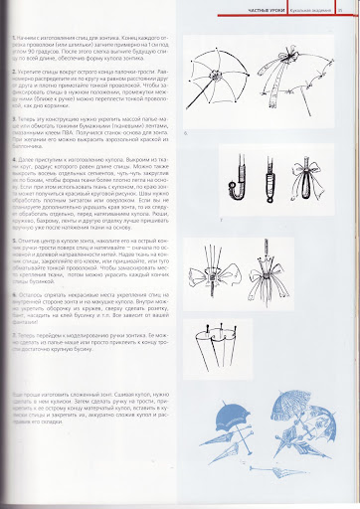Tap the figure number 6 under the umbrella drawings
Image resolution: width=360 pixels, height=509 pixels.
(x=185, y=130)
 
